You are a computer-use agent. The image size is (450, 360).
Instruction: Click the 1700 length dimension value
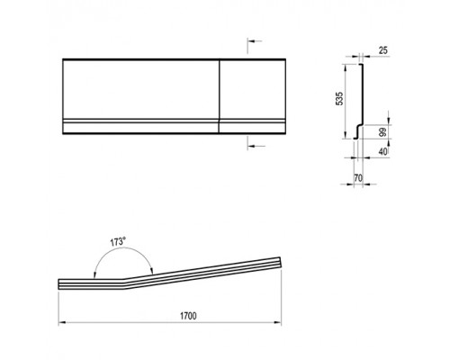coord(188,316)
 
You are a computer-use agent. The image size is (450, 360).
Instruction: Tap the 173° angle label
coord(117,241)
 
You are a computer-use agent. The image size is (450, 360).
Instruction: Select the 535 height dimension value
coord(339,99)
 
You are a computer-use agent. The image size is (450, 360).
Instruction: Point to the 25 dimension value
coord(382,50)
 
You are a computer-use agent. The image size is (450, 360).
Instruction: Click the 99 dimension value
coord(382,132)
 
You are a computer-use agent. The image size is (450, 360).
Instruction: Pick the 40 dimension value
coord(382,151)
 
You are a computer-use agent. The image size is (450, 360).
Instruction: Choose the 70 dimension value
coord(358,178)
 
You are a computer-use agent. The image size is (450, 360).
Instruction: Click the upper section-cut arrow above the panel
coord(255,41)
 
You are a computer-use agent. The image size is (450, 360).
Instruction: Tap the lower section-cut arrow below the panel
coord(256,146)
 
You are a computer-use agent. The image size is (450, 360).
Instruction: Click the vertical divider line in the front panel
coord(220,96)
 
